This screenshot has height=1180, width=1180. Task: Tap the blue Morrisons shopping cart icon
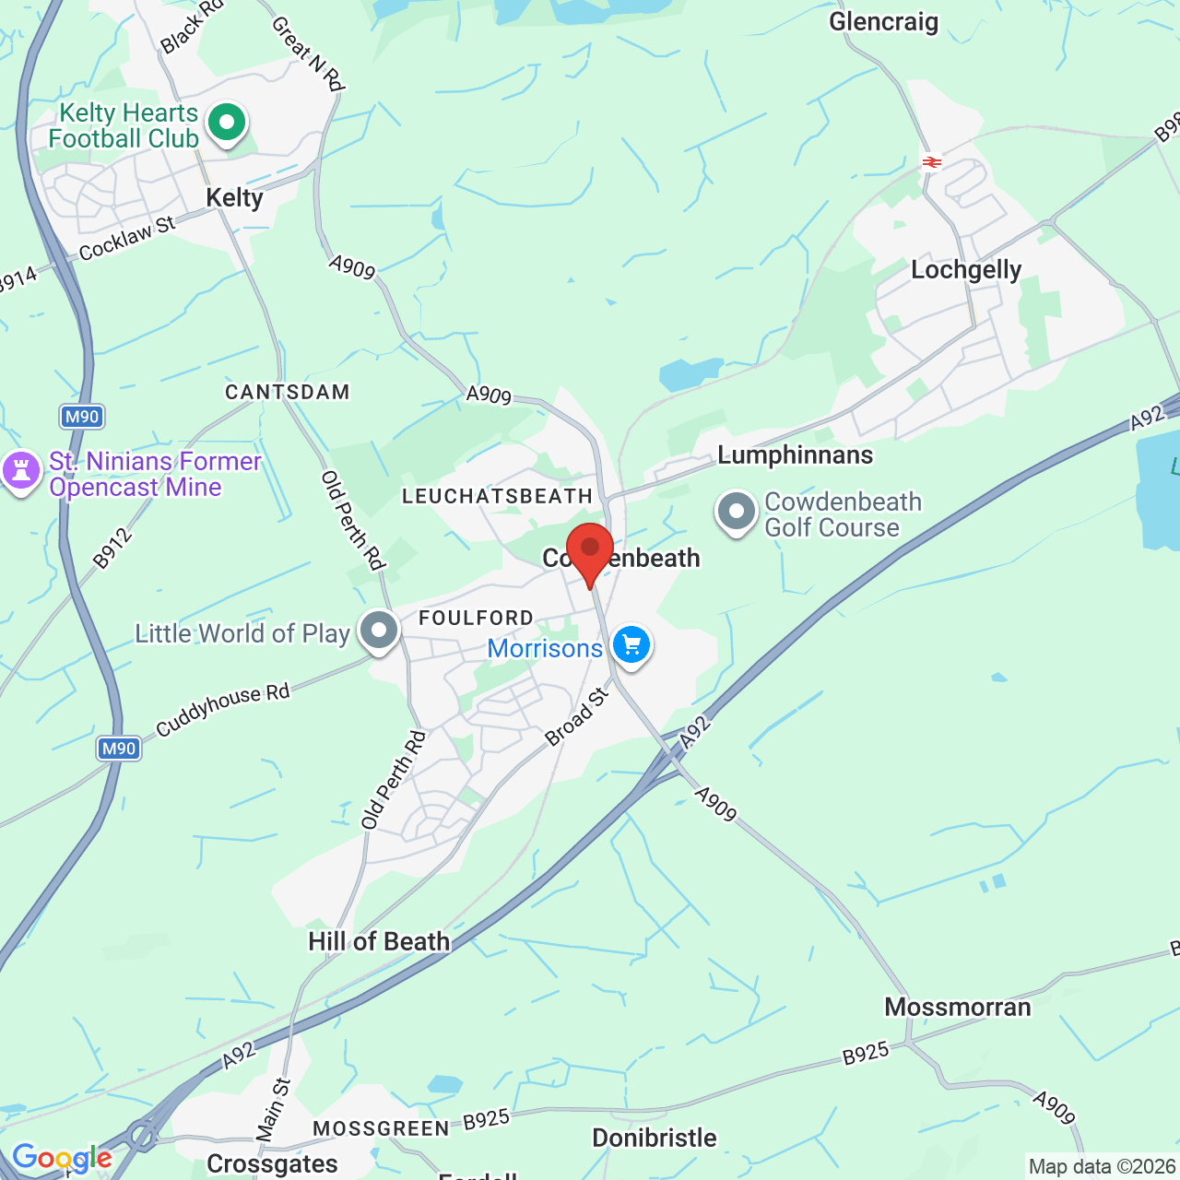631,644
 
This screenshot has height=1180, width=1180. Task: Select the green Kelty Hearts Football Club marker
227,123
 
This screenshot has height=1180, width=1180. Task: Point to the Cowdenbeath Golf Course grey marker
736,511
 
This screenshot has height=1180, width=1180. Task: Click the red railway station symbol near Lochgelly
932,162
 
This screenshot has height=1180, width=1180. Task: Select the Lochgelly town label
966,270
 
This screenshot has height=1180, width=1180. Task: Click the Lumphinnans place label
795,454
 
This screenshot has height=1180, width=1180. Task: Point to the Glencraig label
883,22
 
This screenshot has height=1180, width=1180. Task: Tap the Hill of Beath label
379,941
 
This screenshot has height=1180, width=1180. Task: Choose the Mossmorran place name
958,1007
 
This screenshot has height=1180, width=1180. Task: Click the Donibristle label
654,1138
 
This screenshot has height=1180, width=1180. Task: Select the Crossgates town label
272,1163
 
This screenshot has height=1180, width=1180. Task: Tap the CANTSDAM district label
288,392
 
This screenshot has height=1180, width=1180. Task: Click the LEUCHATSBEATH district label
498,496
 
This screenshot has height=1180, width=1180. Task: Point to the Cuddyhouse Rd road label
222,710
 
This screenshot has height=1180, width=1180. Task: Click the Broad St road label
577,716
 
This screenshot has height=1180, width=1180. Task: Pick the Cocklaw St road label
127,239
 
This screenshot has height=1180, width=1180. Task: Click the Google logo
61,1158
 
